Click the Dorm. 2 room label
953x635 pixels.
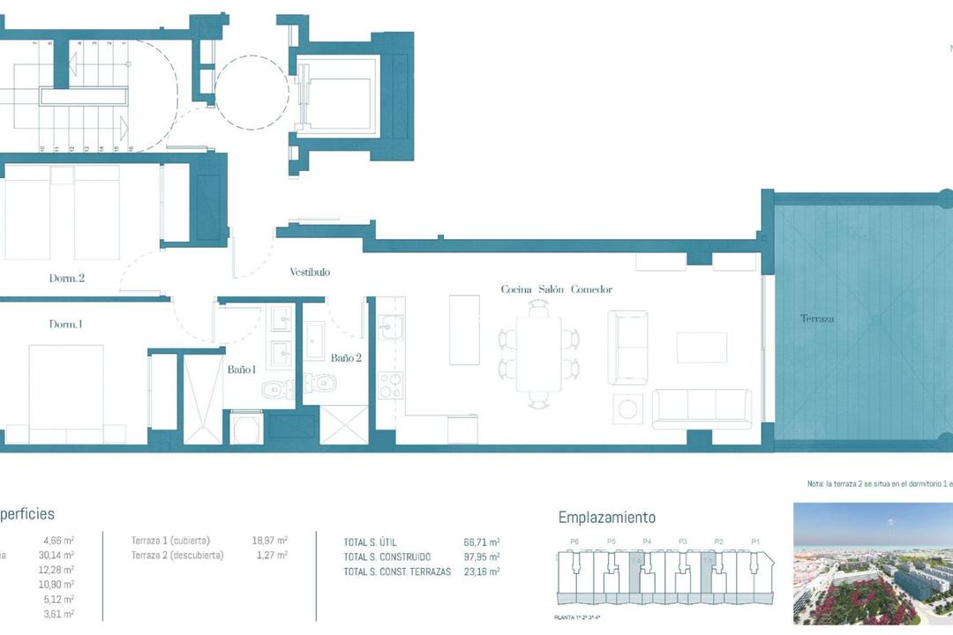[x=66, y=278]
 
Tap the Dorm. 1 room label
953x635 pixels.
[x=65, y=325]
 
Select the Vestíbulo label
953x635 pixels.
[x=310, y=273]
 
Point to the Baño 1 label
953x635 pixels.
[x=241, y=370]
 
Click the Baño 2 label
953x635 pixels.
[x=346, y=358]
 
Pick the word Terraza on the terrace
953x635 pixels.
[x=817, y=318]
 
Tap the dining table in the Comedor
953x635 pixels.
[x=538, y=353]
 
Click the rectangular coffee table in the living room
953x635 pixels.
[x=702, y=347]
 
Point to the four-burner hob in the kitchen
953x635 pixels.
[x=390, y=385]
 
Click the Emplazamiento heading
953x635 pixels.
[x=607, y=518]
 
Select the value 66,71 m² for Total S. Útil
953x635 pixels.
[x=482, y=542]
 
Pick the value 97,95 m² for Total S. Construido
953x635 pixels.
[x=482, y=557]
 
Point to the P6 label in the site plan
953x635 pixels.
[x=574, y=542]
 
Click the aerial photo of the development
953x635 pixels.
[x=873, y=563]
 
